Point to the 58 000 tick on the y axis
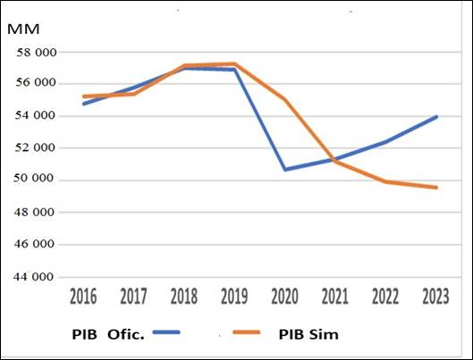[36, 52]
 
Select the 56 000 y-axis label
[36, 83]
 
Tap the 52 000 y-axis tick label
[36, 147]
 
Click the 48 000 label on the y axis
[36, 213]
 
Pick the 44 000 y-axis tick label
[36, 277]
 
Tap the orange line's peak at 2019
[235, 63]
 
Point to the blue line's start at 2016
[82, 104]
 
